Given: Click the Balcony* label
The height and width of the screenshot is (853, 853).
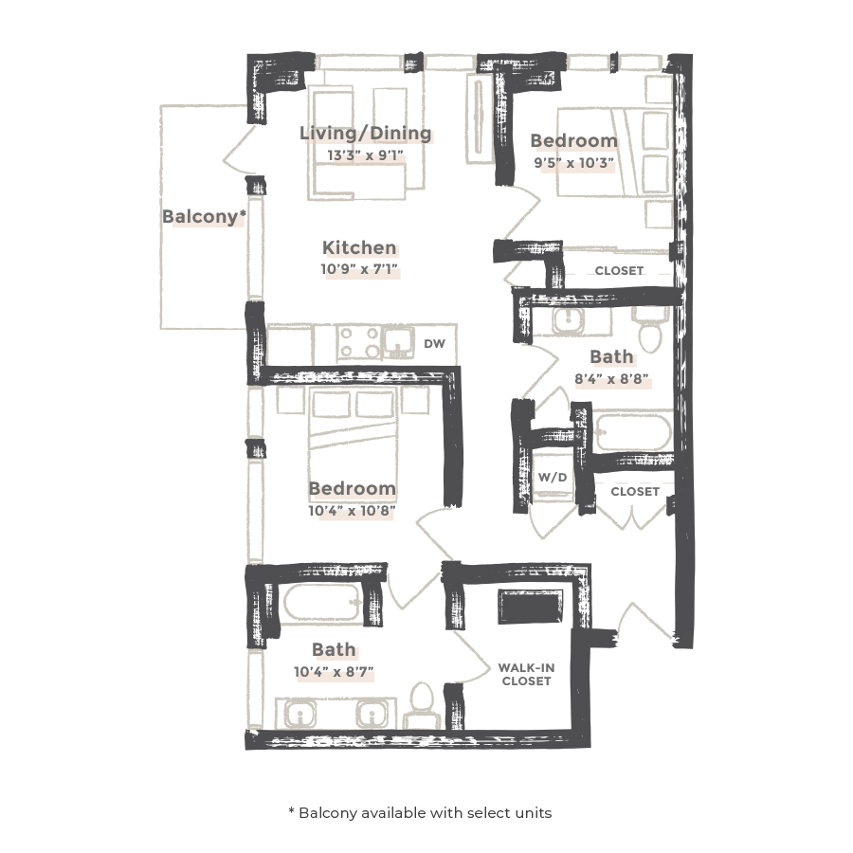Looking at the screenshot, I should point(204,217).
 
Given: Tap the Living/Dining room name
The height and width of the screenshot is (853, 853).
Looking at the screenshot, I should point(365,134).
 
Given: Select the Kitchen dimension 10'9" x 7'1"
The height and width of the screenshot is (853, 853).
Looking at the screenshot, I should point(359,269).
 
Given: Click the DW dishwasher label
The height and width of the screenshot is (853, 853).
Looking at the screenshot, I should point(435,344).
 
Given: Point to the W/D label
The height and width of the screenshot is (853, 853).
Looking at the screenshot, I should point(553,478).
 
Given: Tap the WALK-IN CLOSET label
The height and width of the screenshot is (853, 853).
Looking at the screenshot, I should point(527,674).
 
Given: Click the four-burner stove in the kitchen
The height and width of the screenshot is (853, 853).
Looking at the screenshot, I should point(359,342).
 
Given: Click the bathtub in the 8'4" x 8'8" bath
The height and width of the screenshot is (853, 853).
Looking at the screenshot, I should point(633,432).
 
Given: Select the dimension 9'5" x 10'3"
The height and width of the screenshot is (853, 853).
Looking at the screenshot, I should point(573,162).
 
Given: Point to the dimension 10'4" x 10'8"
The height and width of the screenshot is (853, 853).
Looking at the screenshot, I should point(352,511).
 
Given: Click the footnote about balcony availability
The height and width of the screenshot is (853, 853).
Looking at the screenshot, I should point(419,812).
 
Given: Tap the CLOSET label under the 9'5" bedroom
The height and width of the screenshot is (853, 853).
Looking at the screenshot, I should point(619,271).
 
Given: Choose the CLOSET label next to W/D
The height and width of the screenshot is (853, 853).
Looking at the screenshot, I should point(635,492).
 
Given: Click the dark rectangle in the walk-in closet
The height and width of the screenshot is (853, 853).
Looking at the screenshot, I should point(532,608).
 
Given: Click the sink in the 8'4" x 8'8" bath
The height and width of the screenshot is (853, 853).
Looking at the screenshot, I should point(570,323).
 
